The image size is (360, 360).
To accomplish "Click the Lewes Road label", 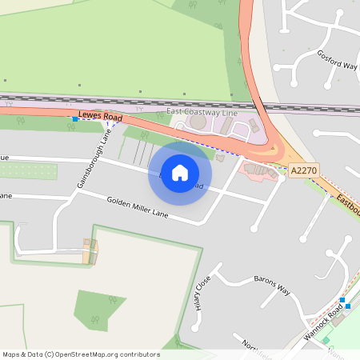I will (x=100, y=116).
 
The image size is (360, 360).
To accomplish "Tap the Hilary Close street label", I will (x=202, y=293).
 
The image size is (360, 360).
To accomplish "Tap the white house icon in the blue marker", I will (x=180, y=173).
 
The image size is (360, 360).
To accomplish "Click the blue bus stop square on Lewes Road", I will (x=75, y=119).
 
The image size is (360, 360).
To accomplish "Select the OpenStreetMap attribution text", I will (x=81, y=354).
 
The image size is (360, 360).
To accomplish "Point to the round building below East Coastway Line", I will (x=198, y=123).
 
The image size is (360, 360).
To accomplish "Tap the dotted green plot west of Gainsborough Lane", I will (x=29, y=170).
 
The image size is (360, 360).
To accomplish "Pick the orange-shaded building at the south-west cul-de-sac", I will (x=90, y=250).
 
